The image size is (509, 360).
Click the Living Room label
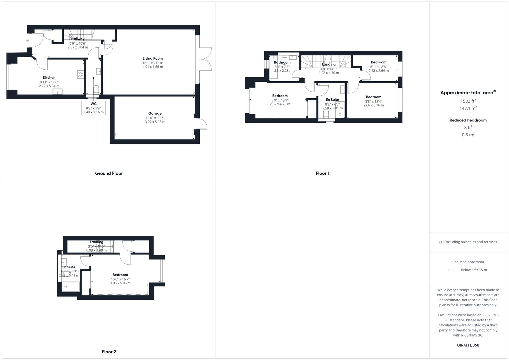tap(153, 58)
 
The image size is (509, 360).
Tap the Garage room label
tap(155, 113)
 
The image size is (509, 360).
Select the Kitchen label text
tap(49, 78)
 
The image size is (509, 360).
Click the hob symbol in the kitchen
tap(81, 74)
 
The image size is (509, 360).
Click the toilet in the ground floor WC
tap(96, 89)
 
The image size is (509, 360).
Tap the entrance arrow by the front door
tap(28, 41)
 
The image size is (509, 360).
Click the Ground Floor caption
tap(109, 173)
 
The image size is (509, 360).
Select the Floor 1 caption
tap(322, 173)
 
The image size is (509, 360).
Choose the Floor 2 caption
tap(109, 352)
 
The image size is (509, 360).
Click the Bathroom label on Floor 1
tap(282, 62)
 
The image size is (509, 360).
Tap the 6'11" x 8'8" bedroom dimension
tap(378, 67)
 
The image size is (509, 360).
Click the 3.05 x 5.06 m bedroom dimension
tap(120, 283)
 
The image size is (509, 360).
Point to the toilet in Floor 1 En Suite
tap(326, 114)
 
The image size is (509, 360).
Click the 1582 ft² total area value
tap(468, 101)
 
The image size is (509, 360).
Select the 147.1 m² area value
tap(468, 108)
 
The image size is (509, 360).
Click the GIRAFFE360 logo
tap(468, 345)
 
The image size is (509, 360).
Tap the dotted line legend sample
tap(454, 270)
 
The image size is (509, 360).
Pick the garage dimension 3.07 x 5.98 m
tap(155, 122)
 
